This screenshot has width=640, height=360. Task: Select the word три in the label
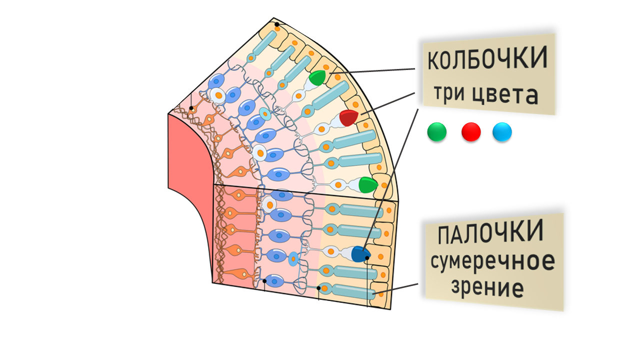coord(449,92)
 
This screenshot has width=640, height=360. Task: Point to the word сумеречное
coord(493,261)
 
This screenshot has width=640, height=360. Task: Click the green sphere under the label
coord(437,131)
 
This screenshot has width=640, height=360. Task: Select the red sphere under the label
coord(471,131)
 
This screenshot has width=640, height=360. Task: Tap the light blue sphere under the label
coord(502,131)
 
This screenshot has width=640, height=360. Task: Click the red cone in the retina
coord(348,117)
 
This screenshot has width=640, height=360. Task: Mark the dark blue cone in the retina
coord(360,253)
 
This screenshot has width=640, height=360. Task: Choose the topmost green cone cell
coord(317,77)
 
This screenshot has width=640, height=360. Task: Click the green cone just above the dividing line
coord(368,184)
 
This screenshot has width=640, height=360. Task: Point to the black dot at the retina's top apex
coord(277,24)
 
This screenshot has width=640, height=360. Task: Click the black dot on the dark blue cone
coord(367,258)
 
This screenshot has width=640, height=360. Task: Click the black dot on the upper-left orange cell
coord(191,108)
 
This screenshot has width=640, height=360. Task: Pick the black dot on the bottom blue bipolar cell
coord(264,281)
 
